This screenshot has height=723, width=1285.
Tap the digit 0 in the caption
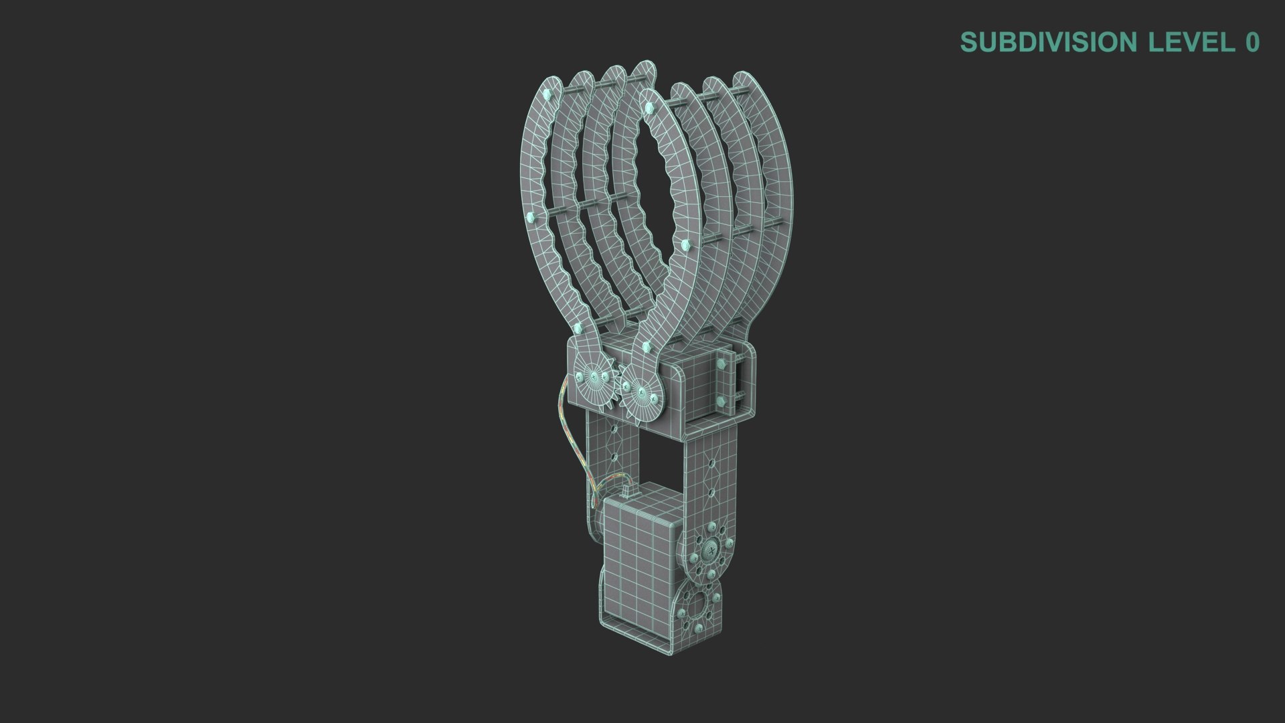pos(1252,42)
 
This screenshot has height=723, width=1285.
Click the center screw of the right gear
pos(641,390)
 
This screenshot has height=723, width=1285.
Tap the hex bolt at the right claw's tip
pos(647,106)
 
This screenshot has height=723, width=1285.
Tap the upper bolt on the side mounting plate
pos(721,364)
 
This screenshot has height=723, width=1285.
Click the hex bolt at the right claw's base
pos(646,346)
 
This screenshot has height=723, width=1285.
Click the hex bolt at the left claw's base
pos(578,327)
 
